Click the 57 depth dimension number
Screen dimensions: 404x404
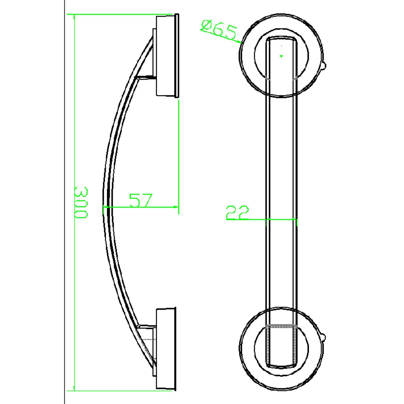140,200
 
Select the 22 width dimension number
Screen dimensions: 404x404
238,213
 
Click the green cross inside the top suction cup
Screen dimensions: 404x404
281,56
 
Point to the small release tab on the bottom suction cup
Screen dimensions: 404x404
324,338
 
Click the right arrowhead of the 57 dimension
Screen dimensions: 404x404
176,207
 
